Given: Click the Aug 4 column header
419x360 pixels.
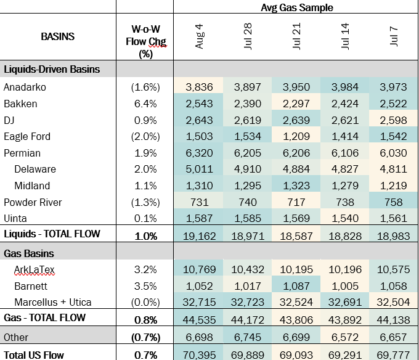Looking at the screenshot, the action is tap(200, 36).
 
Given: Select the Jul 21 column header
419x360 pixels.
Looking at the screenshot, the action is tap(296, 36).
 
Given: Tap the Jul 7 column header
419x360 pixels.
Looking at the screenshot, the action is tap(394, 36).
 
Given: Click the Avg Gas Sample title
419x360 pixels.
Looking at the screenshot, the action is tap(296, 7).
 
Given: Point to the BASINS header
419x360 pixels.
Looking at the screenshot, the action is tap(58, 36).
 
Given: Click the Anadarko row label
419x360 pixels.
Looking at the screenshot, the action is tap(25, 87).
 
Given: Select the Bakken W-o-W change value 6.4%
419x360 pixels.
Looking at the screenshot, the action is tap(145, 104).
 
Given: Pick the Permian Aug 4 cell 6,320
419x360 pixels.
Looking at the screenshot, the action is tap(200, 153).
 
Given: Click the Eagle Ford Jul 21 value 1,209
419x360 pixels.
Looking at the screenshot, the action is tap(296, 137).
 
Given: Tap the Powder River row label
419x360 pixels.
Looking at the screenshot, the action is tap(33, 202).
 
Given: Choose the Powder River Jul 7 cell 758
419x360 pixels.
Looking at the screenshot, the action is tap(394, 202).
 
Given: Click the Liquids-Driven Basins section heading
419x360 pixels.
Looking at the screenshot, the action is tap(52, 69).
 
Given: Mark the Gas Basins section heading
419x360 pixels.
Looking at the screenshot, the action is tap(29, 253).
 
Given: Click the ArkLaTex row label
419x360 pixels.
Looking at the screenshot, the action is tap(35, 269).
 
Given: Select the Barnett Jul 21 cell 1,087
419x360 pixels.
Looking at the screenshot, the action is tap(296, 286).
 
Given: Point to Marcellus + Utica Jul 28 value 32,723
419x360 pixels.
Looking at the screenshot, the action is tap(248, 302).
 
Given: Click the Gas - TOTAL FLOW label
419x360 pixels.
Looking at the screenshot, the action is tap(44, 317).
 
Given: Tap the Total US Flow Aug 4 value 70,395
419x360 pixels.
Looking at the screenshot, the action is tap(200, 355).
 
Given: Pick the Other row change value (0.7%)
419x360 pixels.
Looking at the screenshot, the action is tap(145, 338).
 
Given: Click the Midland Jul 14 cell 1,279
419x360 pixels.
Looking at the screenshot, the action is tap(345, 186).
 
